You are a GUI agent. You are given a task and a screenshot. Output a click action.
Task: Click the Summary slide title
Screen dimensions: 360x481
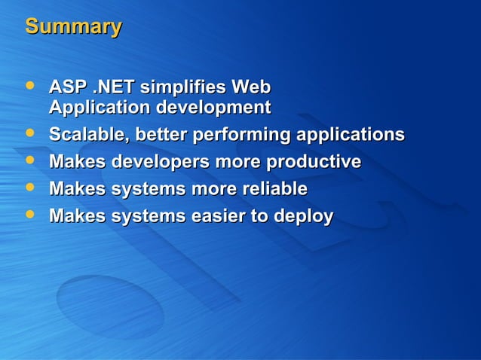[x=73, y=27]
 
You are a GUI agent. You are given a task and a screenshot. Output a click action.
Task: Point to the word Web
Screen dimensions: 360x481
[x=251, y=87]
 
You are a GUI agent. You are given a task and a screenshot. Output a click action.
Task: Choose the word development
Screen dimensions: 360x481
[x=213, y=108]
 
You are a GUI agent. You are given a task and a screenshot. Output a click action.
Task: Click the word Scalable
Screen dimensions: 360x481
[x=89, y=136]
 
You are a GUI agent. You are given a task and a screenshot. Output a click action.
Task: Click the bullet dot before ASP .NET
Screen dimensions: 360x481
[x=29, y=87]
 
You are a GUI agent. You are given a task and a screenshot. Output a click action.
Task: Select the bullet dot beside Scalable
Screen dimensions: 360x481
[x=29, y=135]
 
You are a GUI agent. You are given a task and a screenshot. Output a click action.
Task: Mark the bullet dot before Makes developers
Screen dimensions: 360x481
[x=29, y=162]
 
